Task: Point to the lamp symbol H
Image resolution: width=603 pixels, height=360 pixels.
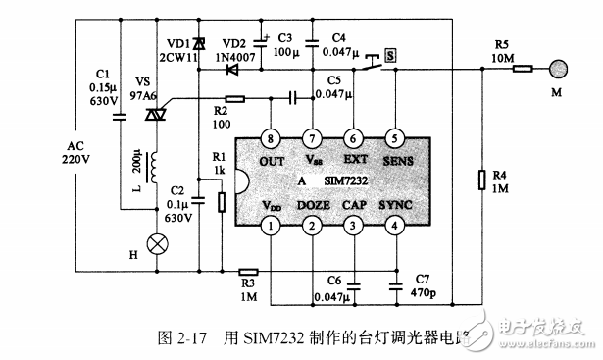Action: coord(154,242)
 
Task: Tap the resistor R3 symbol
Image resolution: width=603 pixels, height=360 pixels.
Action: coord(247,272)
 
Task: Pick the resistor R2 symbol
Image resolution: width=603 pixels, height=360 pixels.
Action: coord(235,98)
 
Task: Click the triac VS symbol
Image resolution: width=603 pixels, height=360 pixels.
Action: coord(154,116)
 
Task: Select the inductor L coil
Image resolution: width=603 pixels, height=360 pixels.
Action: coord(154,169)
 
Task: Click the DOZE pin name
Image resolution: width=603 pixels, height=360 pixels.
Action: coord(313,204)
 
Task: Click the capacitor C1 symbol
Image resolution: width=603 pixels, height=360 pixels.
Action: coord(118,117)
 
